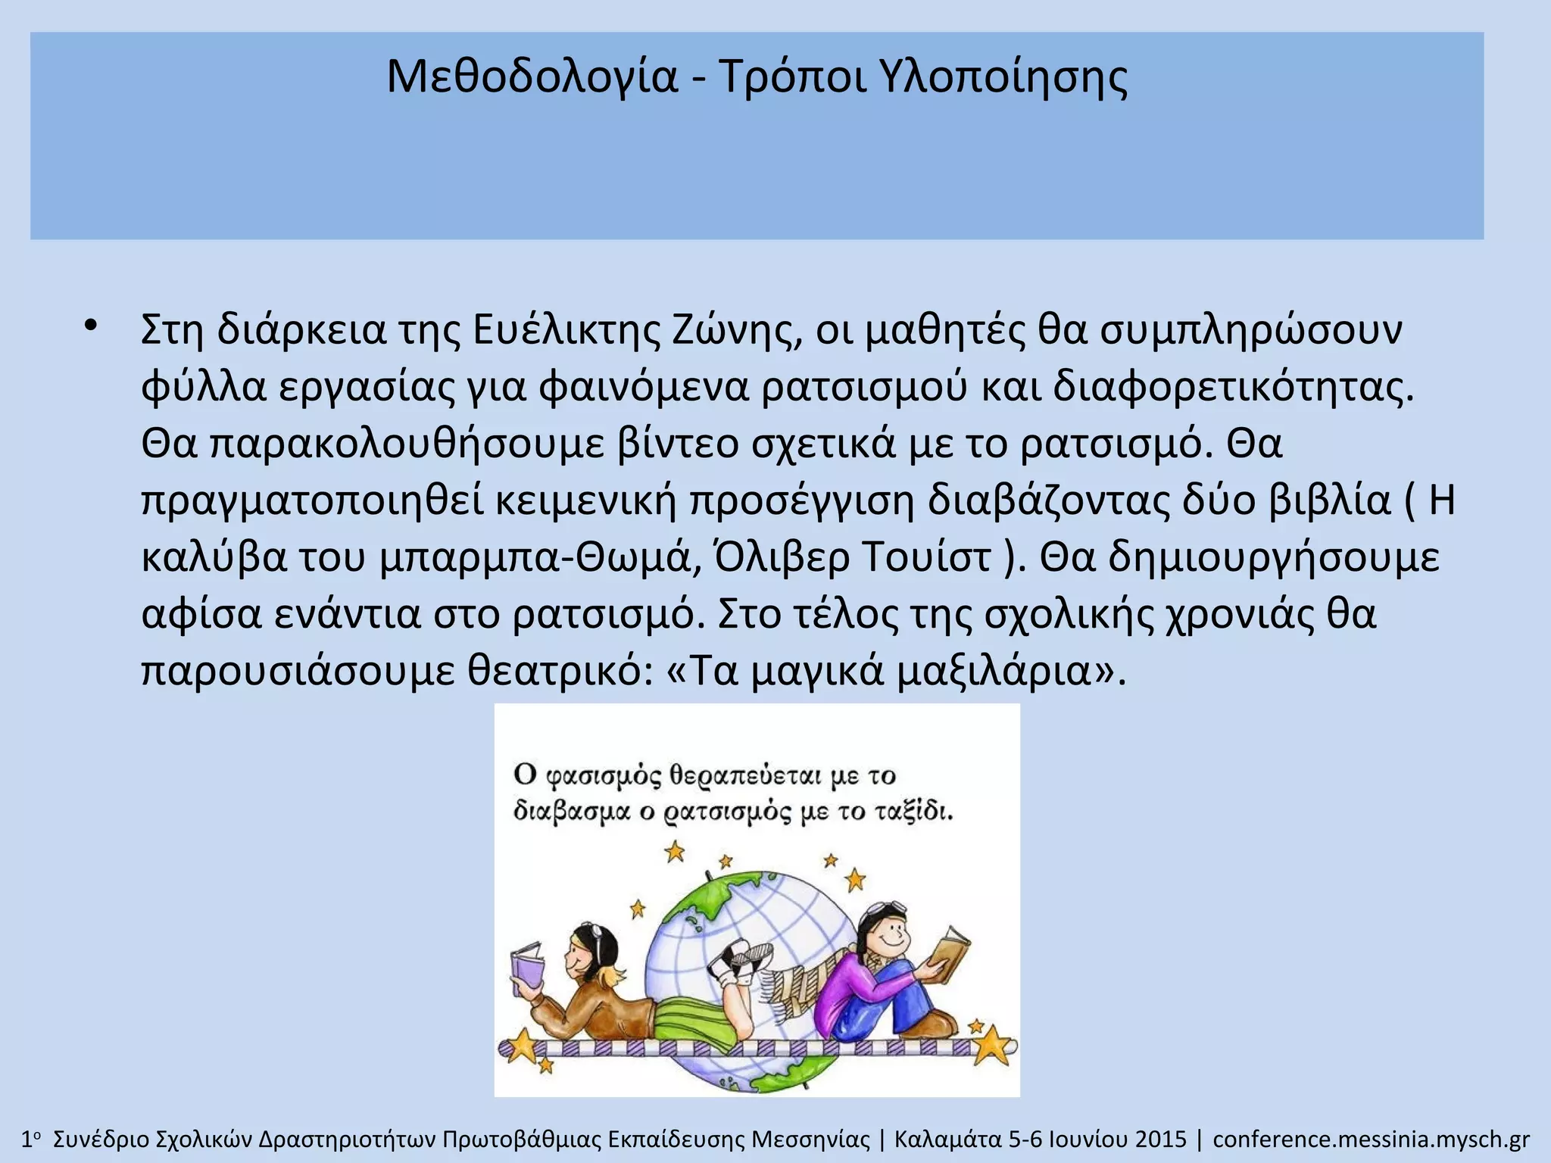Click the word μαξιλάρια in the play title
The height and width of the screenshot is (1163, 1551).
[x=1004, y=671]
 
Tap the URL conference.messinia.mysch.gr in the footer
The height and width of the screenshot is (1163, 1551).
[x=1371, y=1140]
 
